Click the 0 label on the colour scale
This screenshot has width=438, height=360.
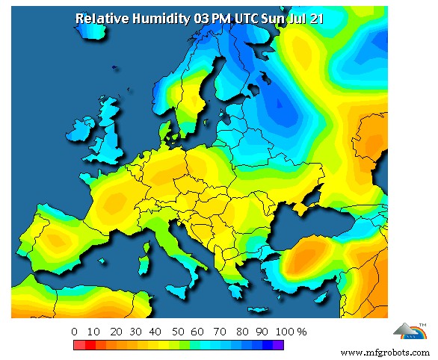click(x=74, y=331)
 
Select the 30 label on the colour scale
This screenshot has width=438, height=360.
click(x=135, y=331)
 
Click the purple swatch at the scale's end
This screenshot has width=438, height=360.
click(x=278, y=345)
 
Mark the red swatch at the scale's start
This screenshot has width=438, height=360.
click(x=78, y=345)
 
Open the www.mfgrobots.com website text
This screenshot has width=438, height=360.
click(x=385, y=351)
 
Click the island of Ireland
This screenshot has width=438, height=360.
click(x=77, y=143)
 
